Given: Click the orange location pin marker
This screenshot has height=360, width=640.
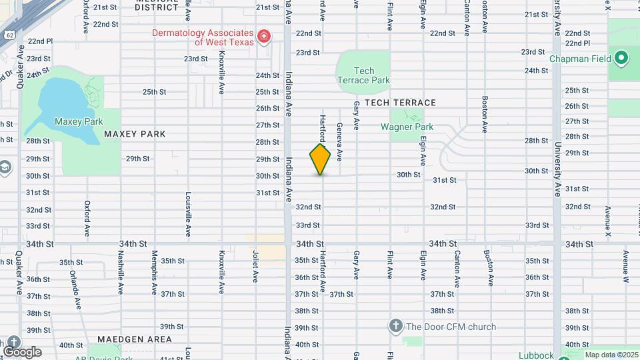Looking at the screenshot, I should tap(320, 159).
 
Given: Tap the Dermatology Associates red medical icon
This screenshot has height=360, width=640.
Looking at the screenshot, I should tap(264, 35).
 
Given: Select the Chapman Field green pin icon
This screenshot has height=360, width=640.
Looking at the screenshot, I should tap(621, 58).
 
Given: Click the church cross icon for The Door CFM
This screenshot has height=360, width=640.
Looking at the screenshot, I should tap(395, 326).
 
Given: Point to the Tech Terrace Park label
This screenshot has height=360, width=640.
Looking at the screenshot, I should tap(363, 75).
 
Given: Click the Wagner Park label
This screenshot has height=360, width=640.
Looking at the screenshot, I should tap(407, 127).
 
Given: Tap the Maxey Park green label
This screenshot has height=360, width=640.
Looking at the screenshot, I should tap(79, 121).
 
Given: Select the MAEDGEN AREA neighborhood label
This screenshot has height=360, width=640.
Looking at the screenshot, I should tap(135, 339).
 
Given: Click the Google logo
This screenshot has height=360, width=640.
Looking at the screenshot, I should tap(22, 352).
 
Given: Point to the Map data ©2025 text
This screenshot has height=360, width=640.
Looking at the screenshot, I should tap(611, 355).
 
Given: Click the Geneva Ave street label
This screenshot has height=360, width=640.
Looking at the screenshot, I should tap(339, 141).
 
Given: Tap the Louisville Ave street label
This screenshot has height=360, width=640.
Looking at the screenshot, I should tap(187, 215).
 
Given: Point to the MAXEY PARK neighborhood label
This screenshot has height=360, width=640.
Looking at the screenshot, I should tap(135, 134).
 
